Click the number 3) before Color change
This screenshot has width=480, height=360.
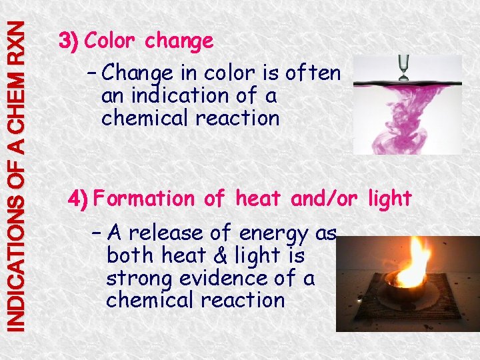[69, 41]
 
